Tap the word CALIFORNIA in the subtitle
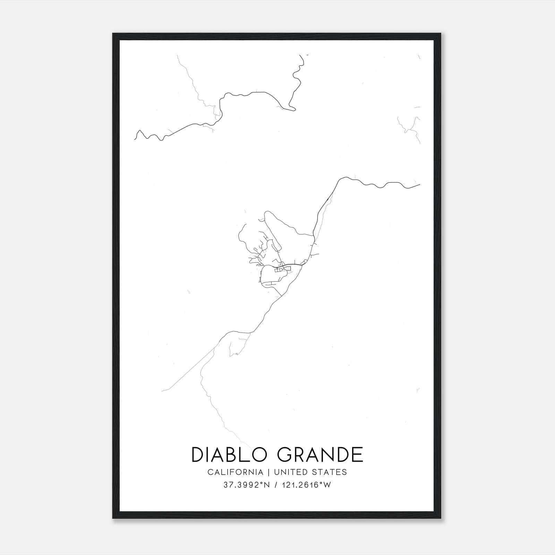(x=235, y=472)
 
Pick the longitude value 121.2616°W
(x=306, y=485)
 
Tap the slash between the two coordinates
(x=275, y=485)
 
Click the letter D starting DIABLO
(x=198, y=455)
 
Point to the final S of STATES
(x=344, y=472)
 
